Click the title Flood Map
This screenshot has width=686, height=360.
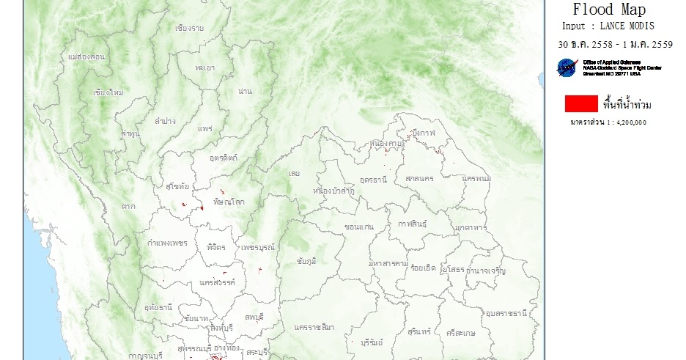tap(609, 10)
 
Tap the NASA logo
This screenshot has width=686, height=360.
tap(567, 68)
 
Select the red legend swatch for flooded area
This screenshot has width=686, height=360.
tap(576, 104)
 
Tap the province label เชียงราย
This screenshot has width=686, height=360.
tap(190, 29)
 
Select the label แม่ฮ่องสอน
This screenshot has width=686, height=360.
tap(86, 56)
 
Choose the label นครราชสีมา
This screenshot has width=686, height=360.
tap(314, 326)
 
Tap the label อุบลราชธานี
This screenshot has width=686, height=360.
tap(506, 313)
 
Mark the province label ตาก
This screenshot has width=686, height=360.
tap(129, 207)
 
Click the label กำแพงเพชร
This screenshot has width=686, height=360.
tap(167, 243)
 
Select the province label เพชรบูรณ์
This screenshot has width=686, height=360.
tap(258, 247)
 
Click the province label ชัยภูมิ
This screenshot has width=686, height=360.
tap(307, 261)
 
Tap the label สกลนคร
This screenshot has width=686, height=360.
tap(419, 178)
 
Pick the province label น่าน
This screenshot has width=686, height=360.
tap(246, 91)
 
